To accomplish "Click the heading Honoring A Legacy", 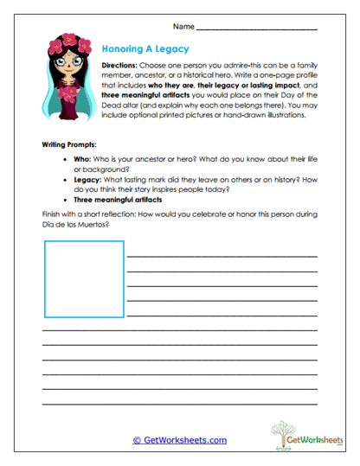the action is click(x=145, y=50).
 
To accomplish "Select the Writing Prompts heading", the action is click(x=71, y=144).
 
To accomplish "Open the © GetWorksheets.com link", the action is click(x=179, y=440).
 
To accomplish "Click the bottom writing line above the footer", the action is click(x=179, y=405).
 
